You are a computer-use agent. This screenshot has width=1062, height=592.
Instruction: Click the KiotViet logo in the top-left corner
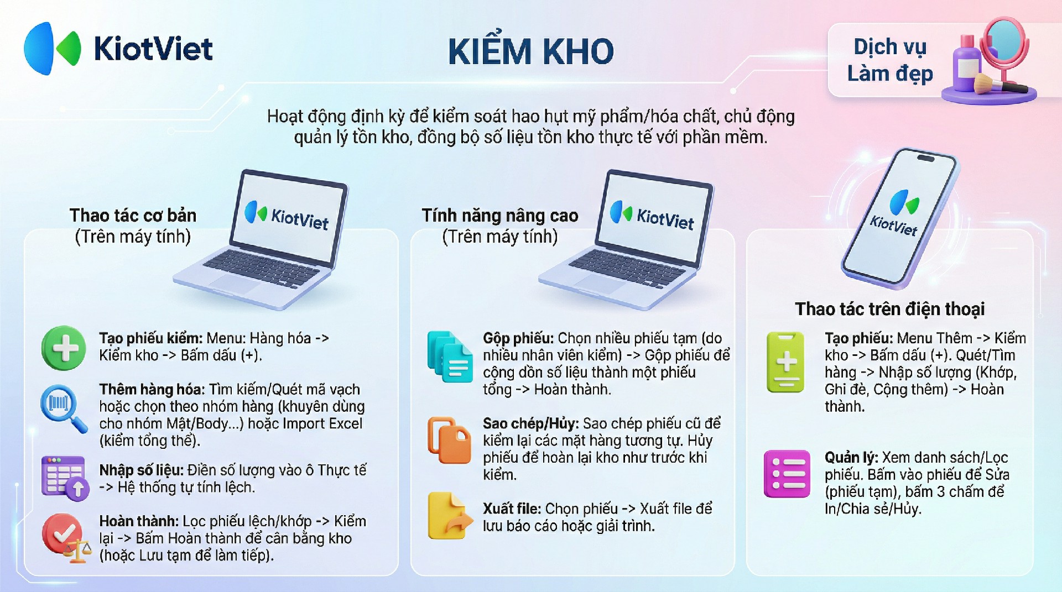(118, 49)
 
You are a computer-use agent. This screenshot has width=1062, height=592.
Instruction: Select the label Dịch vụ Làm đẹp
(890, 60)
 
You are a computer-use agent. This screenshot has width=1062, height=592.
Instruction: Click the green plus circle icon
(64, 348)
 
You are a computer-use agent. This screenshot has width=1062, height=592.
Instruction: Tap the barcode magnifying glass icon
(63, 408)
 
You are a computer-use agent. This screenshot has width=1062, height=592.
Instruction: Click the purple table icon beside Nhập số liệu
(65, 478)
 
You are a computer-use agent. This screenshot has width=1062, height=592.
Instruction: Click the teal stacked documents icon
(449, 357)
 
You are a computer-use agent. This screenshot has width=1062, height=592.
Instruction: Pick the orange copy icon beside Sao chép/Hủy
(449, 440)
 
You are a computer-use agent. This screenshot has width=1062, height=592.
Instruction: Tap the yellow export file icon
(450, 516)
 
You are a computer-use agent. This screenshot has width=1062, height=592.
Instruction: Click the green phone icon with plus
(785, 362)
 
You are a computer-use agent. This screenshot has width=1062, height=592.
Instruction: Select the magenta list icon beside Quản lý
(787, 474)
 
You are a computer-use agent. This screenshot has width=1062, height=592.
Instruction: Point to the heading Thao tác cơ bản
(133, 215)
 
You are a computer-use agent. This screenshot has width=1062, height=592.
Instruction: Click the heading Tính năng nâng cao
(500, 215)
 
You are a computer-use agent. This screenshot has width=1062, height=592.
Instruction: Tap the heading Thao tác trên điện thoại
(889, 308)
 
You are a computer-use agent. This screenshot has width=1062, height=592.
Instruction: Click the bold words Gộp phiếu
(518, 338)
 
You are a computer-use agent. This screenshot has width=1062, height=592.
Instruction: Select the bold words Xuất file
(512, 509)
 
